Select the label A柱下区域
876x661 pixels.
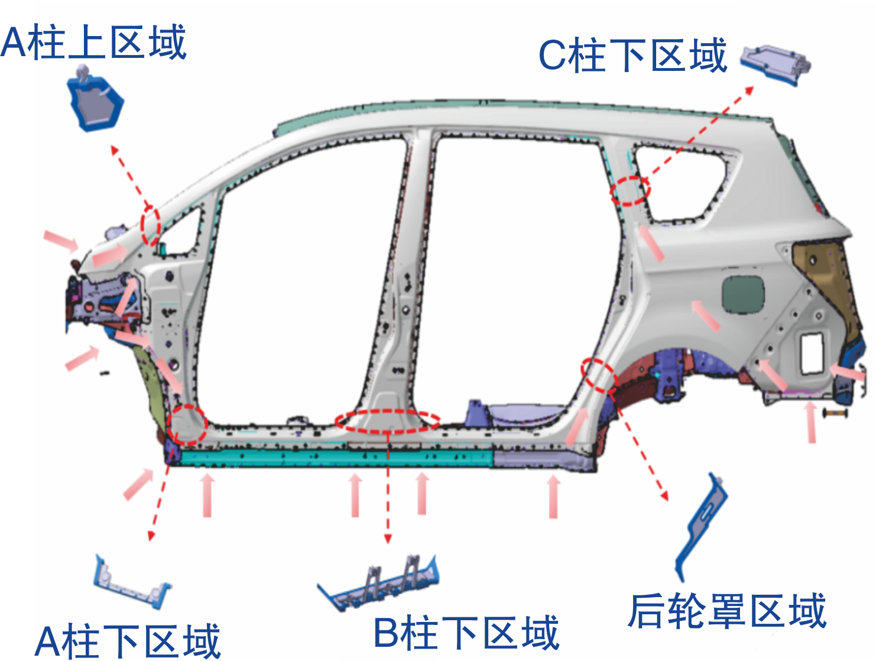(128, 641)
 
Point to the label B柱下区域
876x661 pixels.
(466, 632)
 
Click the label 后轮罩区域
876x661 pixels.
(726, 610)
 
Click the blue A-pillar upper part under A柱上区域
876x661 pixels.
(95, 102)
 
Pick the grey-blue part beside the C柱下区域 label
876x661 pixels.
(776, 63)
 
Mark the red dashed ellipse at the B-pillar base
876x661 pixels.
(388, 420)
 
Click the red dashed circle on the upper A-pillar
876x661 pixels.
(151, 225)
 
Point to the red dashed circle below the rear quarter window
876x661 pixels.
(630, 190)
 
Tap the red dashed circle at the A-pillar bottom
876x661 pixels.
(187, 425)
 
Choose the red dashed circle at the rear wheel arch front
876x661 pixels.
(599, 375)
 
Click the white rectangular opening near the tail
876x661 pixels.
(812, 353)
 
